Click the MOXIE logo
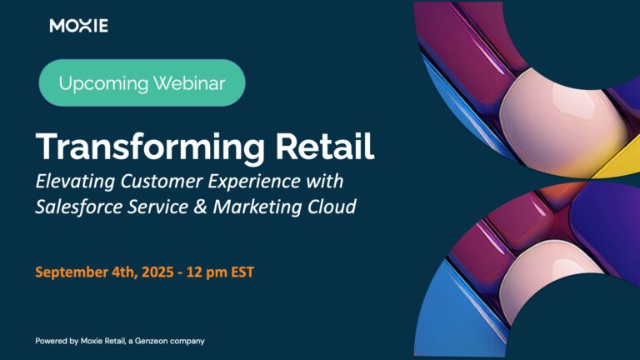coord(79,26)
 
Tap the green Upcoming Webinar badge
coord(142,82)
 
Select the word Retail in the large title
coord(325,146)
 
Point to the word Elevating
coord(75,181)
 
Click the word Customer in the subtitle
coord(161,181)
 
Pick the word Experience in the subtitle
coord(254,182)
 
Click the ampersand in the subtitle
coord(200,207)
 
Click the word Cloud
coord(332,207)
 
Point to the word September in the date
coord(72,272)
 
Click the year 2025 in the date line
coord(157,272)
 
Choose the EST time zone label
coord(242,272)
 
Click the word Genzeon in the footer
coord(152,341)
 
